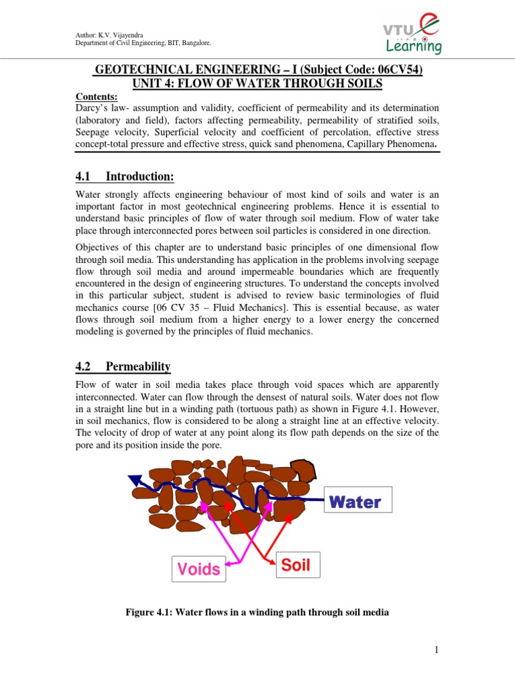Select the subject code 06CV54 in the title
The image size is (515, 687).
point(396,70)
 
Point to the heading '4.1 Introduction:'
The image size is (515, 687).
point(125,176)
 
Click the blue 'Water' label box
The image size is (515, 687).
point(355,502)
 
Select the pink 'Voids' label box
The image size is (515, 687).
point(198,569)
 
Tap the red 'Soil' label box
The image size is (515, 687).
point(296,565)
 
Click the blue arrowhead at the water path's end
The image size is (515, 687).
point(135,480)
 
